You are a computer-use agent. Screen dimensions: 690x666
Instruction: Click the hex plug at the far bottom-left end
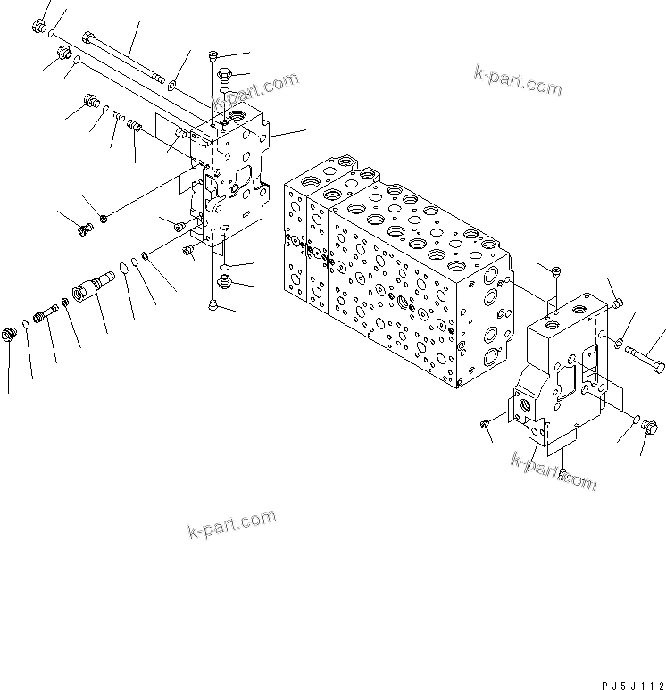[x=12, y=335]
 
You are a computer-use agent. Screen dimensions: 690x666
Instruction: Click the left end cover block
[x=234, y=179]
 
